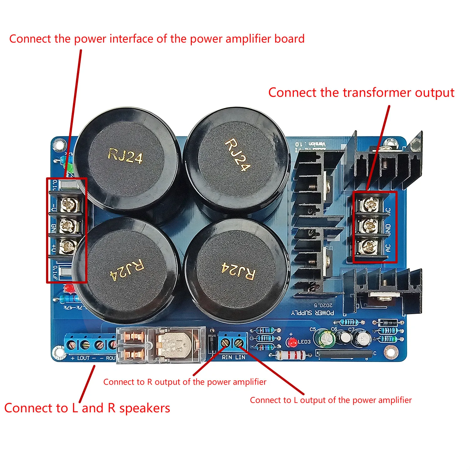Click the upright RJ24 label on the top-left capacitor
[125, 156]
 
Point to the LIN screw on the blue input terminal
[240, 342]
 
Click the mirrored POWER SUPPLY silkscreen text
[312, 313]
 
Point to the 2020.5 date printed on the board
[323, 305]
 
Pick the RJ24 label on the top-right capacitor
[238, 155]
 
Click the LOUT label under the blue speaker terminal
[83, 358]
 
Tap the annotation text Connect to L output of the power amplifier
[331, 400]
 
